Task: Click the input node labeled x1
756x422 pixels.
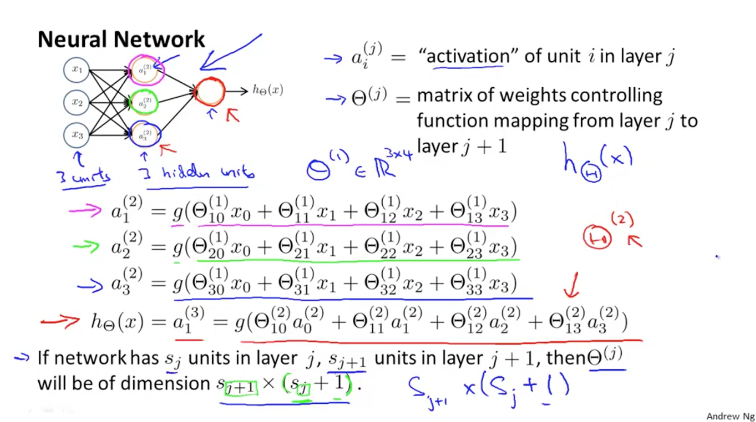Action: click(78, 70)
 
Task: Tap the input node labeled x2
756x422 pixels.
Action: click(78, 103)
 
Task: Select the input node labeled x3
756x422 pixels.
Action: click(78, 135)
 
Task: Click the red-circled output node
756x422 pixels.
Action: click(210, 91)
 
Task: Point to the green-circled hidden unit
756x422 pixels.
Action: click(144, 102)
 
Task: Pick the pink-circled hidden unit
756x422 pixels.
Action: click(144, 70)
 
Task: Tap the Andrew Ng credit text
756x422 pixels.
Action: click(730, 416)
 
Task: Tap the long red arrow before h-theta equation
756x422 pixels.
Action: click(59, 321)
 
